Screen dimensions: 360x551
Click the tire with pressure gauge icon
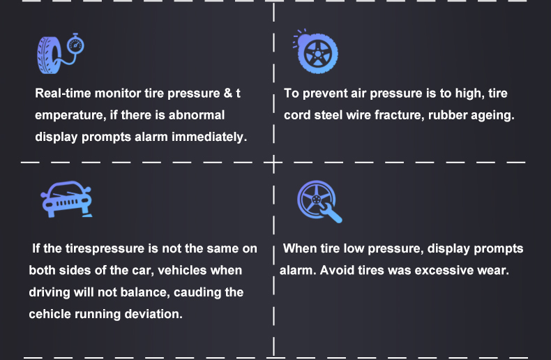click(x=60, y=52)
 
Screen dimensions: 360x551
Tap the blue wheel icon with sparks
click(x=317, y=52)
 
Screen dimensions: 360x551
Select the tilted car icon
click(x=66, y=198)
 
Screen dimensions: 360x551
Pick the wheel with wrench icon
click(x=319, y=202)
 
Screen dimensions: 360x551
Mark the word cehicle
click(x=54, y=314)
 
